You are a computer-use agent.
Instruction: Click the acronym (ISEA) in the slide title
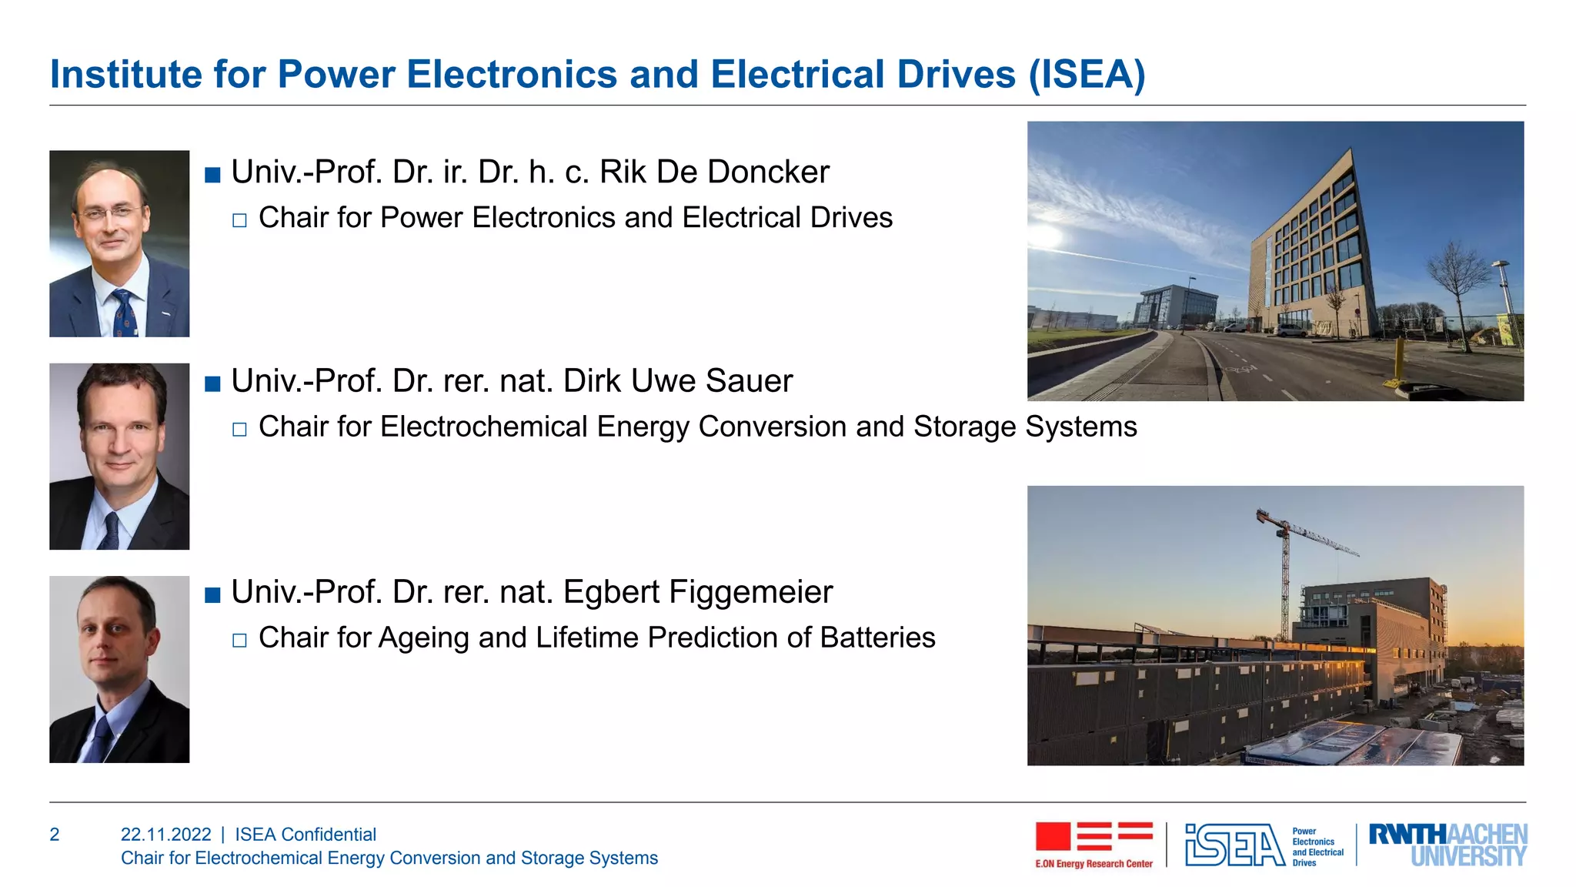1087,75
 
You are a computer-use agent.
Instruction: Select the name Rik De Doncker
714,172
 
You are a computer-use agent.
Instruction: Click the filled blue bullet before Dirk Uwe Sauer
213,383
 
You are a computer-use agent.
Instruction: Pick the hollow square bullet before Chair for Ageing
239,641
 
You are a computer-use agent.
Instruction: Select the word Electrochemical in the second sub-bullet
483,427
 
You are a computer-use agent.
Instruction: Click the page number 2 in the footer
55,835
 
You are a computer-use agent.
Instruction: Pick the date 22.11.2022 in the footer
165,835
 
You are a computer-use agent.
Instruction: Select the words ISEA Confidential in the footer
306,835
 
